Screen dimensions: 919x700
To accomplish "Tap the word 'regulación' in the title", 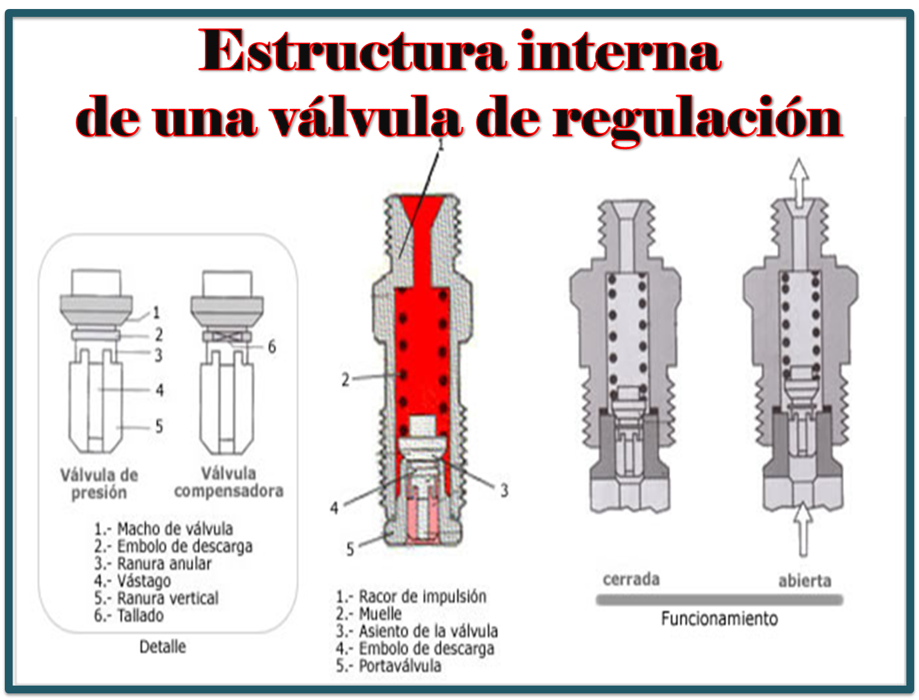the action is (x=697, y=120).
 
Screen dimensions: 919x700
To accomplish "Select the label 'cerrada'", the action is (x=631, y=579).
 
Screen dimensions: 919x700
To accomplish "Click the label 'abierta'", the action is (x=805, y=581).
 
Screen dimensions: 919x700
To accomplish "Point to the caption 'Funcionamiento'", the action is (x=719, y=618).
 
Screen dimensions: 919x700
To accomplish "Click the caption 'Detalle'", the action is (x=162, y=646).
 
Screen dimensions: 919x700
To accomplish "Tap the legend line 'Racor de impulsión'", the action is (x=411, y=596).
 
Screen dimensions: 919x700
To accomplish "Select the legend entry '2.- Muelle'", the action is (x=368, y=614).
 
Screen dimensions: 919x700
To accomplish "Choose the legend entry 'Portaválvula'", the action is (x=388, y=666).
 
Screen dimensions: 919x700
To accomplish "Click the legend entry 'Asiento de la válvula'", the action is (x=417, y=631).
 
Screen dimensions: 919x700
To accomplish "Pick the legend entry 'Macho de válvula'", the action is (x=163, y=529).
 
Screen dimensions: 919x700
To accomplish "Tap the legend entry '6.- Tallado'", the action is (x=129, y=615).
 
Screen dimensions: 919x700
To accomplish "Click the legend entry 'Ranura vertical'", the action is (x=156, y=598).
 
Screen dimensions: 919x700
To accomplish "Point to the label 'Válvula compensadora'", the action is (x=228, y=482).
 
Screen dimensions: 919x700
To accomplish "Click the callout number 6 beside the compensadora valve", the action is (x=272, y=346).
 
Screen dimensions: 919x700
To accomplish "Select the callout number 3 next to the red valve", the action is (x=504, y=490).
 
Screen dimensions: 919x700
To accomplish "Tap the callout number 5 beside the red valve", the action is (x=350, y=549).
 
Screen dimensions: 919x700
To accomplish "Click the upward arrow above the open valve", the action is (x=799, y=183).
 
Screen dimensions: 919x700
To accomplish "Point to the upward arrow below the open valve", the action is (x=802, y=529).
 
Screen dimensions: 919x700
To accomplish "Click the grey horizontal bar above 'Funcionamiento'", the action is (x=719, y=600).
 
